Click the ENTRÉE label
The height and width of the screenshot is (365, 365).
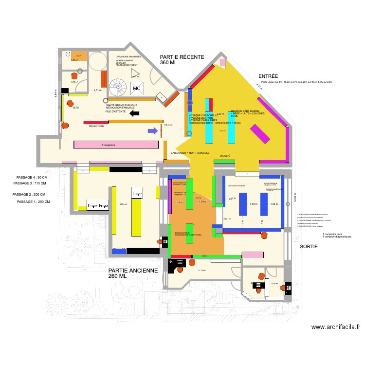point(268,76)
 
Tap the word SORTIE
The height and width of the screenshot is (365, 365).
point(309,247)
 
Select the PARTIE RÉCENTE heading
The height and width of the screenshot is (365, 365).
point(182,57)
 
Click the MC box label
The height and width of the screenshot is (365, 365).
point(137,89)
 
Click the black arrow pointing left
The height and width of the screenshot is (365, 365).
point(134,113)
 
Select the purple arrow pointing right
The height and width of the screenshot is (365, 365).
point(153,130)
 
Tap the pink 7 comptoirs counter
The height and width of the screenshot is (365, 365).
point(116,145)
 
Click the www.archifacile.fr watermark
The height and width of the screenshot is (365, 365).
point(336,328)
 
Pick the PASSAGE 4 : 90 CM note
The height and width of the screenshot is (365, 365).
point(32,177)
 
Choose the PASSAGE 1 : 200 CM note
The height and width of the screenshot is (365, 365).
point(33,201)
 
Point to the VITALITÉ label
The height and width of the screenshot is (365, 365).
point(225,156)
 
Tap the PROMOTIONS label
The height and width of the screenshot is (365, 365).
point(97,126)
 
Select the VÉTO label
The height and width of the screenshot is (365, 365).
point(75,108)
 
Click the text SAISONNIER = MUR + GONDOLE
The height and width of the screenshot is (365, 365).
point(190,153)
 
